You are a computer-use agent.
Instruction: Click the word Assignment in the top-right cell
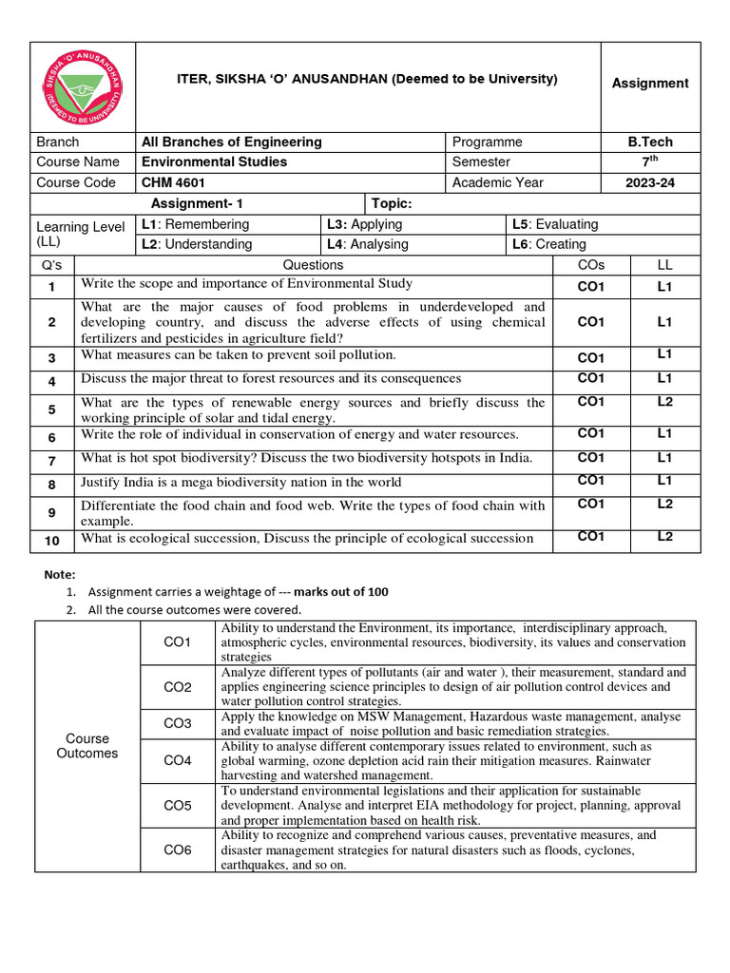[x=650, y=84]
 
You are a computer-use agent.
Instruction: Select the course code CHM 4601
[x=174, y=182]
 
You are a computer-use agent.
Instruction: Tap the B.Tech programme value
[x=650, y=142]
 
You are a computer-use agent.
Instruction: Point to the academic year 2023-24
[x=650, y=182]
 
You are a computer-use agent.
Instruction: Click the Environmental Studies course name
[x=214, y=162]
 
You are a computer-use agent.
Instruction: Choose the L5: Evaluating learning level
[x=555, y=224]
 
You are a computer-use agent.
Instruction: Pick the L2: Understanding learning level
[x=197, y=244]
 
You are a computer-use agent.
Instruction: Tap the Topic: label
[x=394, y=203]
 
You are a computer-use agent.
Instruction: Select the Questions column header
[x=314, y=265]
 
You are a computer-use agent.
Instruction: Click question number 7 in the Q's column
[x=52, y=461]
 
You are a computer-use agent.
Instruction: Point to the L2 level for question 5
[x=664, y=402]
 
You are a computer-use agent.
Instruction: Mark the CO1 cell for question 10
[x=591, y=537]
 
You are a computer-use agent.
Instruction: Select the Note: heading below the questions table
[x=60, y=574]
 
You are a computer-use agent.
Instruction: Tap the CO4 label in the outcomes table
[x=178, y=760]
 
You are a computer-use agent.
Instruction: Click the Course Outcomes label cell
[x=87, y=746]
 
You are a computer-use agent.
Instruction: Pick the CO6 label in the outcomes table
[x=178, y=850]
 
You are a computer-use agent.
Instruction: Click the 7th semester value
[x=650, y=162]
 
